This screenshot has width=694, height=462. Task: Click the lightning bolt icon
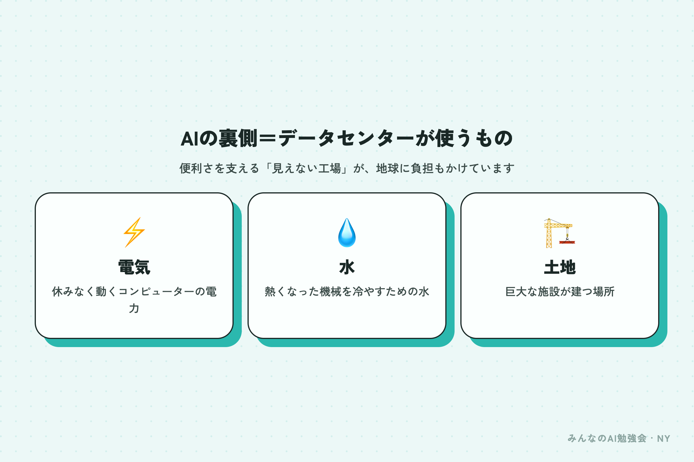click(134, 232)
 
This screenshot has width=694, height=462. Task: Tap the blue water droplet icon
click(347, 232)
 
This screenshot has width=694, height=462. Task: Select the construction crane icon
click(560, 233)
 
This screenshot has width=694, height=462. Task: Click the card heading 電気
click(134, 267)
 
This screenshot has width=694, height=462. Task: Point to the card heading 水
click(347, 267)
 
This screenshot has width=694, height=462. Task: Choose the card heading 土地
click(560, 267)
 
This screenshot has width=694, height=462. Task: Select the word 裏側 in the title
click(237, 138)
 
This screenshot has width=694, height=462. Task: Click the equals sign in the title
click(268, 138)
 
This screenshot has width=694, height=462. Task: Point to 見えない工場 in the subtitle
click(307, 169)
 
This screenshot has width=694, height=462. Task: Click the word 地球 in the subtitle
click(387, 169)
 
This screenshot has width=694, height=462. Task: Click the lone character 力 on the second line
click(134, 308)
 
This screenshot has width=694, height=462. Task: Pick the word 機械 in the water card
click(331, 292)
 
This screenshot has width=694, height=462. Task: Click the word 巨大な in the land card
click(521, 292)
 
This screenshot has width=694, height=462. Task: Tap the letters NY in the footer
click(663, 439)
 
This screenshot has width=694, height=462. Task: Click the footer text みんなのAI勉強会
click(607, 438)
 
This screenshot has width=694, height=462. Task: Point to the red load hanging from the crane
click(567, 242)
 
